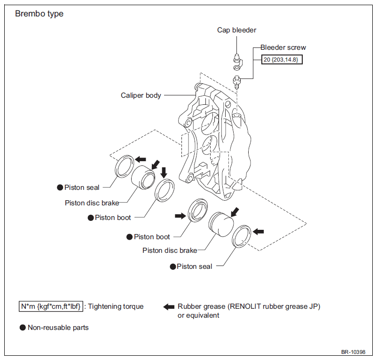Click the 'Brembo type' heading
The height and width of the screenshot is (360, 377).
tap(39, 14)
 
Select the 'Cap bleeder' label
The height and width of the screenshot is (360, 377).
tap(236, 30)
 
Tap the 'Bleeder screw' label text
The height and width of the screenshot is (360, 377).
tap(283, 47)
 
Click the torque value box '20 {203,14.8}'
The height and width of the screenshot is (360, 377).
tap(282, 60)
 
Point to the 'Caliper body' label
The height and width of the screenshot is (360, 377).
tap(141, 95)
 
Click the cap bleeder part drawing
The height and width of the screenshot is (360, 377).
tap(238, 62)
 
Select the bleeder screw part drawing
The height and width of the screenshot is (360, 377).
tap(237, 82)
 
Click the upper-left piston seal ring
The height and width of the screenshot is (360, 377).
tap(124, 166)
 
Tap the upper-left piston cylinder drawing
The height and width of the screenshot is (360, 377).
tap(143, 177)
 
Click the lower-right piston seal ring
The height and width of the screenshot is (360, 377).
tap(242, 236)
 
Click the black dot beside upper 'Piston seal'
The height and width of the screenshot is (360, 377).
tap(60, 188)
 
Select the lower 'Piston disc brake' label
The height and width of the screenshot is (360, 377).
tap(170, 250)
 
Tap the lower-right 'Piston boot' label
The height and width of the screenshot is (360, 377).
tap(152, 237)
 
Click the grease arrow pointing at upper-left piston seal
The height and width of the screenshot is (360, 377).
tap(141, 159)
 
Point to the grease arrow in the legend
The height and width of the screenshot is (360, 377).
tap(169, 306)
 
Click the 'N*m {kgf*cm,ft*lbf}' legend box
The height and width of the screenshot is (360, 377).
tap(51, 306)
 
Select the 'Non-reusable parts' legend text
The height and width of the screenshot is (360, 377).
tap(58, 328)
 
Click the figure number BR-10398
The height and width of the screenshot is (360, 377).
tap(353, 352)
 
